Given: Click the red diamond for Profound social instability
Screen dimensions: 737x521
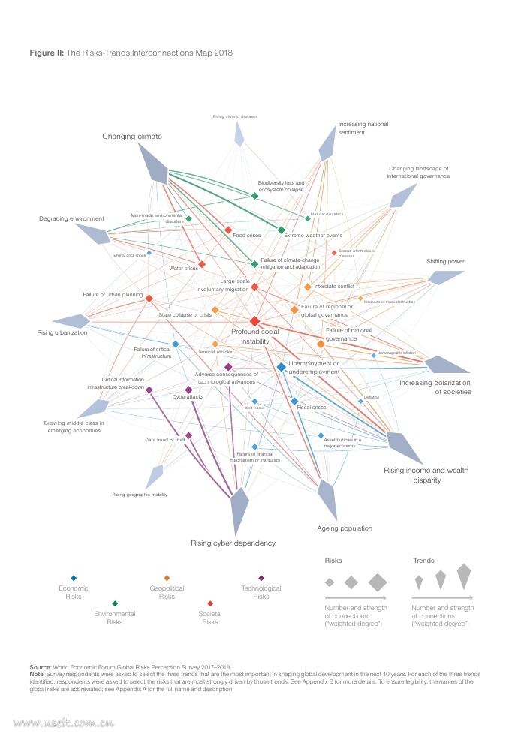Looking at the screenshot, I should [255, 321].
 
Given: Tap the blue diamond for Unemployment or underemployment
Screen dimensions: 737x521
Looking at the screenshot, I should [281, 367].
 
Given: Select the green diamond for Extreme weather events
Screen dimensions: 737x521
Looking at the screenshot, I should [282, 230].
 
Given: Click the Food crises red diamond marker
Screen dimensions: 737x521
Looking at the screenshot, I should [228, 230].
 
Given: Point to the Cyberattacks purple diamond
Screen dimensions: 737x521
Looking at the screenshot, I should [188, 390].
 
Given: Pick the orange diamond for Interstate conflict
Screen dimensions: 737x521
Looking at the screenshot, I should [307, 287].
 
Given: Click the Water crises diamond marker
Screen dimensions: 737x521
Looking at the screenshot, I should [202, 264].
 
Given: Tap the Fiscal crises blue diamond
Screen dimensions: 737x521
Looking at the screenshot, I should [294, 402].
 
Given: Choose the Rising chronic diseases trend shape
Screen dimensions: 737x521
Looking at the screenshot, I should [239, 134].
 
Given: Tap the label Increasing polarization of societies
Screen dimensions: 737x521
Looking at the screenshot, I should [435, 387].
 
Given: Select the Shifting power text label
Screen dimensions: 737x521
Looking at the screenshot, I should [446, 261].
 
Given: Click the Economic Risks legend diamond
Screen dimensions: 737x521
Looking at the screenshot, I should [73, 578].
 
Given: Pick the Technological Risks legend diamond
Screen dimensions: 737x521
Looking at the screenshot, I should [260, 578].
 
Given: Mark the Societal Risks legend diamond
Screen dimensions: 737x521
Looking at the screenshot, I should [210, 603].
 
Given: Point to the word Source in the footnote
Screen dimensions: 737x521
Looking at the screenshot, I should [40, 666].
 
